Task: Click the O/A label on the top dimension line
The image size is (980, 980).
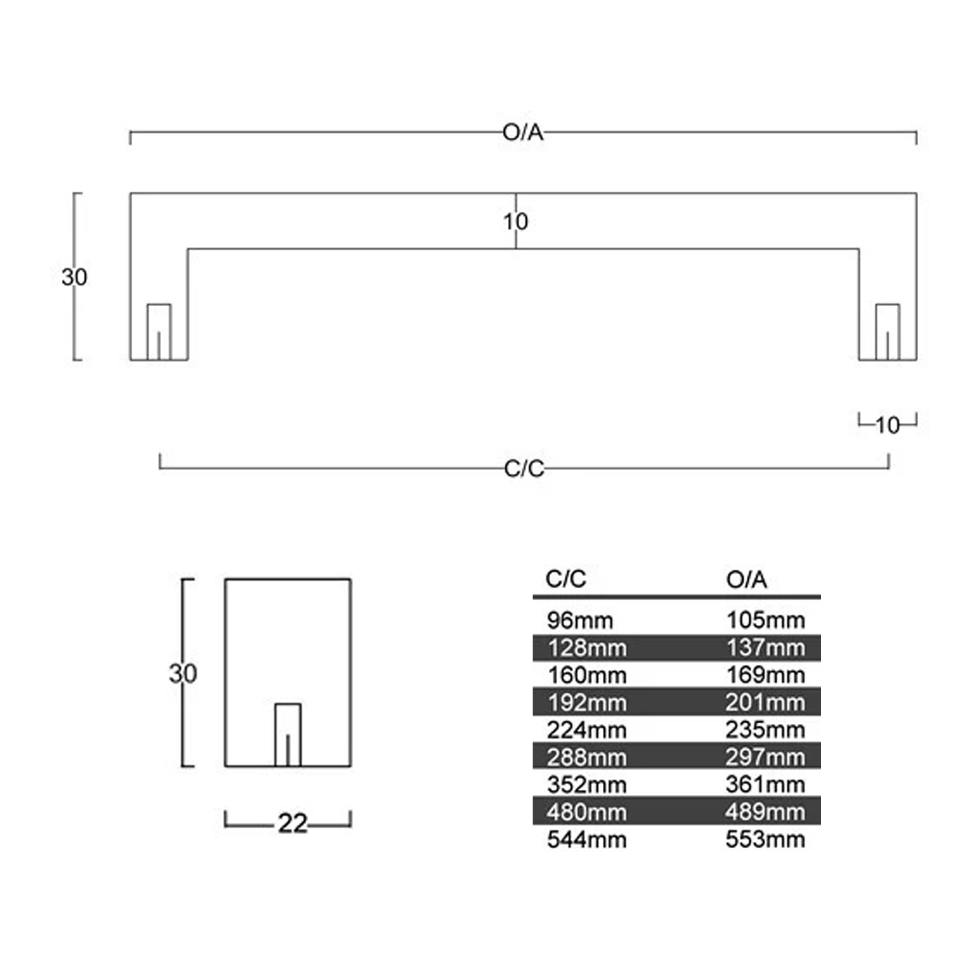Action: [x=523, y=133]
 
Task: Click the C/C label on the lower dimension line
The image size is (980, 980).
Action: [x=524, y=469]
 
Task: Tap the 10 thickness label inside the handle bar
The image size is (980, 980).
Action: [x=515, y=221]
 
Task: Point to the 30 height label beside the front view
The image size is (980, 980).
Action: [x=74, y=277]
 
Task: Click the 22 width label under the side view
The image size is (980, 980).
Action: [x=293, y=824]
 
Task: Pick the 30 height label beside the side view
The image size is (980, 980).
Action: [x=183, y=674]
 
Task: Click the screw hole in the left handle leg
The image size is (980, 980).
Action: [x=159, y=332]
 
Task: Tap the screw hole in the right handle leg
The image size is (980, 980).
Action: [x=888, y=332]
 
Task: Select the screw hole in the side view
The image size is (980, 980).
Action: [x=288, y=735]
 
